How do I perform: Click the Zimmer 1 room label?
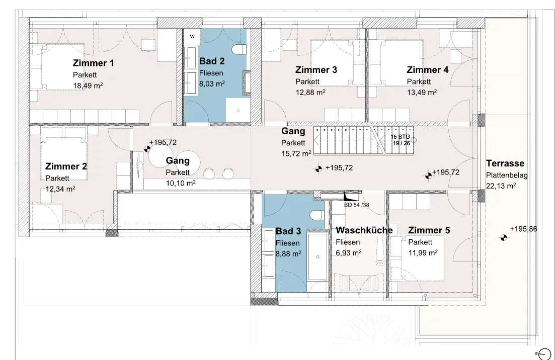[94, 63]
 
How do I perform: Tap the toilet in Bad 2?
[239, 49]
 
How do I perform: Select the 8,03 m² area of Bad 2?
[212, 84]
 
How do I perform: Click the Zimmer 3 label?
[316, 70]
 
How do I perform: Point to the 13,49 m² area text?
[422, 93]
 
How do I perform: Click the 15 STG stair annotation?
[401, 137]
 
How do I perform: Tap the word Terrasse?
[505, 163]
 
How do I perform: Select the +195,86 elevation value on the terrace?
[523, 229]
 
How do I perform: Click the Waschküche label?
[364, 230]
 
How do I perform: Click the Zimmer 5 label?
[429, 230]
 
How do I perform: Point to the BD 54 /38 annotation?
[356, 205]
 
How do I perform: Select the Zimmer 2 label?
[66, 166]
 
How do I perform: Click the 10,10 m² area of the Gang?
[181, 184]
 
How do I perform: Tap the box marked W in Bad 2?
[192, 37]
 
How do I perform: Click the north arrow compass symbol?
[544, 353]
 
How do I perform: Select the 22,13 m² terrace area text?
[501, 186]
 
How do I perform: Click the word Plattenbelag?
[507, 175]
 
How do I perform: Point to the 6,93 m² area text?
[348, 253]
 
